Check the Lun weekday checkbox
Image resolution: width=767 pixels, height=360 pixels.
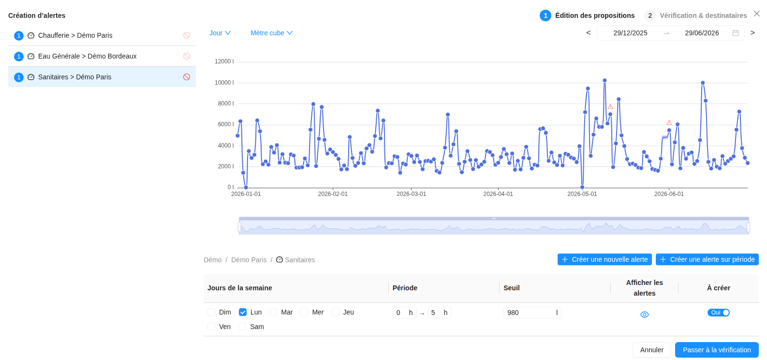tap(243, 312)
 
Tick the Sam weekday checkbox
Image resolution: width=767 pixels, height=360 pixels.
tap(242, 327)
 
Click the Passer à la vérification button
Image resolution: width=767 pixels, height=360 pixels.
tap(717, 350)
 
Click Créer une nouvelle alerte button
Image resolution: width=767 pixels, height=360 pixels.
tap(605, 259)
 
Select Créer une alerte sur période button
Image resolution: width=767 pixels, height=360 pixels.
tap(707, 259)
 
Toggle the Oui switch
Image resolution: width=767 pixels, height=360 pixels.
tap(718, 313)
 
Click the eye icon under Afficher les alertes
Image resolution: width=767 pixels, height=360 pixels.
tap(645, 315)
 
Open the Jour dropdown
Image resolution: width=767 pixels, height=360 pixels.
tap(220, 33)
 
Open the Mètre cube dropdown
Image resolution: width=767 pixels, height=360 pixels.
tap(271, 33)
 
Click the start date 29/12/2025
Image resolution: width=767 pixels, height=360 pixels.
tap(630, 33)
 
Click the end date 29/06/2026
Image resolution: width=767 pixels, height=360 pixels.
tap(702, 33)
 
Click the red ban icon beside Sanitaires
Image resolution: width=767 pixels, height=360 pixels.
tap(187, 77)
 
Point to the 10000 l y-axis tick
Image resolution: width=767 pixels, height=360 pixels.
tap(224, 83)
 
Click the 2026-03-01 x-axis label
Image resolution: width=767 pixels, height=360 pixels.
tap(411, 194)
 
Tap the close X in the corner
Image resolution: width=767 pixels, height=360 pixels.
tap(757, 14)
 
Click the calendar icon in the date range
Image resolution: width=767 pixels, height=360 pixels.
tap(736, 33)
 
